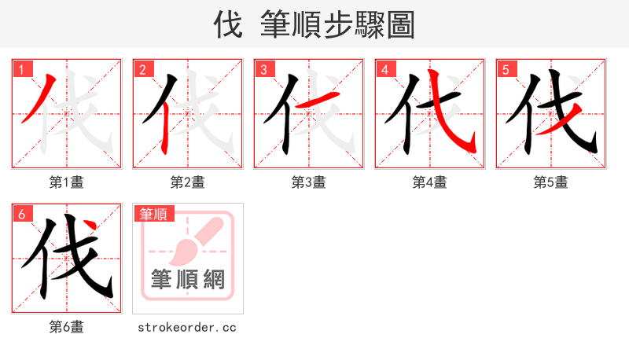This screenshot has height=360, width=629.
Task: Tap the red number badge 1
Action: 21,69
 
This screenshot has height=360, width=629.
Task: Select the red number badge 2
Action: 142,69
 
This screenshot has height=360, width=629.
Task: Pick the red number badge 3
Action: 263,69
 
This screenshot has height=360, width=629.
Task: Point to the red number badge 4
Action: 384,69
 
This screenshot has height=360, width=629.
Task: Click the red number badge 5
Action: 506,69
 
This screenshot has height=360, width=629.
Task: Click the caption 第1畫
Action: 67,182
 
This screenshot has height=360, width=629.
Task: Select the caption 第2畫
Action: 188,182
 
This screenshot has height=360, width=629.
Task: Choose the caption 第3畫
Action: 309,182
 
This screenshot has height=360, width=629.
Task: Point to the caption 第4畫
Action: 430,182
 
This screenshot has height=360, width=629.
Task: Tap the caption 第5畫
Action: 551,182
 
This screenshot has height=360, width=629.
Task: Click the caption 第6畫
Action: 67,327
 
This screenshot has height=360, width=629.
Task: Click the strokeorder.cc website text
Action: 187,327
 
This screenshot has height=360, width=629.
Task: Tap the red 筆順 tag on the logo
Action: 154,214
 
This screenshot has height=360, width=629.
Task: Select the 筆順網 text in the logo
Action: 188,281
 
